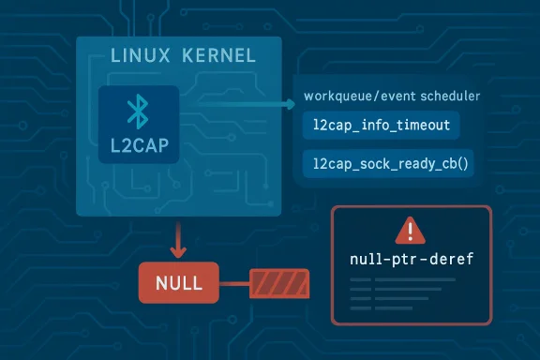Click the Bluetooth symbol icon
[140, 113]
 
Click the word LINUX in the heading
[135, 56]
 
